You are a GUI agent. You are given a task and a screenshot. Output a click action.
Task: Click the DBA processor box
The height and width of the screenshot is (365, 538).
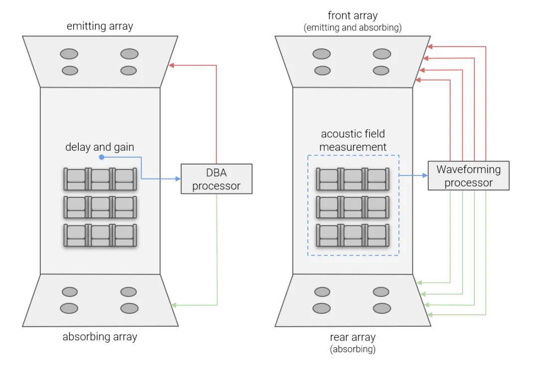pyautogui.click(x=216, y=179)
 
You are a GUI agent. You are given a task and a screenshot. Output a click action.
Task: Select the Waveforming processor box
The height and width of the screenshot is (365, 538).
pyautogui.click(x=468, y=176)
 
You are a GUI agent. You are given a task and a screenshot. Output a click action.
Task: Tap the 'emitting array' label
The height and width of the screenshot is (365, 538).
pyautogui.click(x=100, y=26)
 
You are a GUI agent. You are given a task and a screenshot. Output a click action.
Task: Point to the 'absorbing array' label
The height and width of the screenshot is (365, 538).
pyautogui.click(x=100, y=337)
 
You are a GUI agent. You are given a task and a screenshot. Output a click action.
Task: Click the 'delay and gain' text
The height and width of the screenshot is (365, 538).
pyautogui.click(x=100, y=147)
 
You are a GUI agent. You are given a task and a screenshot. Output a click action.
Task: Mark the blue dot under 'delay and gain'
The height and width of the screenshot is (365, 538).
pyautogui.click(x=101, y=157)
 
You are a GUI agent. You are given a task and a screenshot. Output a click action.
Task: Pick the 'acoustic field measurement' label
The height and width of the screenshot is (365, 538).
pyautogui.click(x=353, y=140)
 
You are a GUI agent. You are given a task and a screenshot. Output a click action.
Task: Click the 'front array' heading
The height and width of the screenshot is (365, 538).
pyautogui.click(x=352, y=15)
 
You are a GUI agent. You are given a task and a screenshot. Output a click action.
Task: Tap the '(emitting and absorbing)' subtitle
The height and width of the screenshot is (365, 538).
pyautogui.click(x=352, y=28)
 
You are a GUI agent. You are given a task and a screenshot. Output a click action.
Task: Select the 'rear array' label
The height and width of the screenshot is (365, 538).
pyautogui.click(x=353, y=338)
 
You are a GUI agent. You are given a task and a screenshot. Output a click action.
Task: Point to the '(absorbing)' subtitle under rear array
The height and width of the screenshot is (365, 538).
pyautogui.click(x=353, y=349)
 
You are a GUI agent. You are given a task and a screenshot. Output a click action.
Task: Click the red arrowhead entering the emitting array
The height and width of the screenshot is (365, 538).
pyautogui.click(x=171, y=65)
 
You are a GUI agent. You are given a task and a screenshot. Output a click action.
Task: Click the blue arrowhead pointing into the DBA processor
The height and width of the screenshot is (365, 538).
pyautogui.click(x=177, y=178)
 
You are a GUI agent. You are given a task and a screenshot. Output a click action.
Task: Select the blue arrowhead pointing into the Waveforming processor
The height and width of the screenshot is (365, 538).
pyautogui.click(x=425, y=175)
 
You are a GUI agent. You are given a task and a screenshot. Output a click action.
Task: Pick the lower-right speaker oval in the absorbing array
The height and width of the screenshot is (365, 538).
pyautogui.click(x=129, y=308)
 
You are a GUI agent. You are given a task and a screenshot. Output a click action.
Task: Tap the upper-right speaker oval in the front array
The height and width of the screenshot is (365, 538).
pyautogui.click(x=382, y=54)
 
